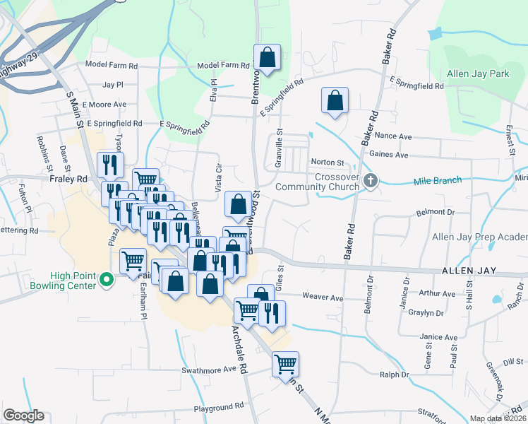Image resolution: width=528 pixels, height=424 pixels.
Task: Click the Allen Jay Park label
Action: click(478, 73)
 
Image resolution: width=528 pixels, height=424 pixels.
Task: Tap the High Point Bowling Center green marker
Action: click(107, 281)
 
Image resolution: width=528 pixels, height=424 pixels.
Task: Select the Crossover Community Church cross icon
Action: click(369, 182)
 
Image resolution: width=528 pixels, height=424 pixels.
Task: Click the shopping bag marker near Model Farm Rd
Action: click(268, 58)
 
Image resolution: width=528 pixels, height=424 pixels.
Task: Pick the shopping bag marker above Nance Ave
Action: click(335, 100)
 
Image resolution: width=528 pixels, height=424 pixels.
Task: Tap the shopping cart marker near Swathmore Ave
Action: click(285, 365)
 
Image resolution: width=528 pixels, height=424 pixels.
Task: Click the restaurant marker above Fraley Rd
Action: click(110, 165)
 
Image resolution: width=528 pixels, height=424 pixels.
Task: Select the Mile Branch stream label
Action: click(437, 181)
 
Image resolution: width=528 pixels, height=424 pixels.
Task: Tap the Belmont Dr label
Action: click(436, 212)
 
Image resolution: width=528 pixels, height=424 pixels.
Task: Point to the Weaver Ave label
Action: click(323, 298)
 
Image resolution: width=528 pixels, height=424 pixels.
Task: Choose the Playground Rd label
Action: click(219, 407)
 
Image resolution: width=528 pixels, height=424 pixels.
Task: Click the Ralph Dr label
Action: click(395, 375)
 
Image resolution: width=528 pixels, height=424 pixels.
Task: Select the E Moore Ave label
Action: click(104, 104)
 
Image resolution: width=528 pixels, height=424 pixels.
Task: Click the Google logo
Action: click(23, 416)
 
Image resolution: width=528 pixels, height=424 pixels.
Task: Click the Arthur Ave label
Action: click(437, 293)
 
